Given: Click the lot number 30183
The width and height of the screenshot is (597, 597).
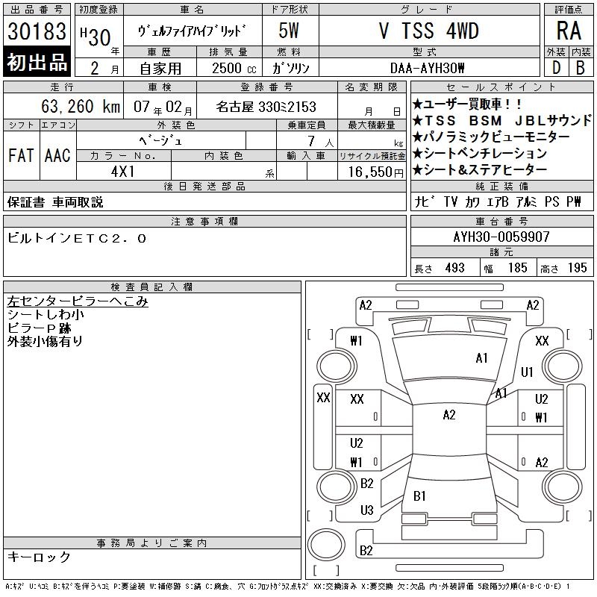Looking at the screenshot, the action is pos(37,31).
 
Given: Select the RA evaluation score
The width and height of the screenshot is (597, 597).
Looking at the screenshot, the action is pos(569,31).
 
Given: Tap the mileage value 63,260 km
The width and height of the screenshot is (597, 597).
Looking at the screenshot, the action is pos(81,106).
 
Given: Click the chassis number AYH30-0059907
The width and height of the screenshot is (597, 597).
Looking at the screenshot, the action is pos(501,237).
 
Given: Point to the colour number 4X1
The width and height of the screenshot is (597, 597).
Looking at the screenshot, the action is pos(123,172).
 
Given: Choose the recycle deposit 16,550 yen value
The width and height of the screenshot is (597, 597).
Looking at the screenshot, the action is pos(376,172).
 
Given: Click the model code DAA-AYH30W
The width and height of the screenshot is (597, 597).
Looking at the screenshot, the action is pos(427,68).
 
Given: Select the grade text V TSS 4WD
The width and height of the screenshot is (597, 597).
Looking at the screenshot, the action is pos(429,31).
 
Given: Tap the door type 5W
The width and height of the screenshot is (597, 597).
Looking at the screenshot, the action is pos(289,31).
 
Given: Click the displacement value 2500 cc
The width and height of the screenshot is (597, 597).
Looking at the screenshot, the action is pos(234,68).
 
